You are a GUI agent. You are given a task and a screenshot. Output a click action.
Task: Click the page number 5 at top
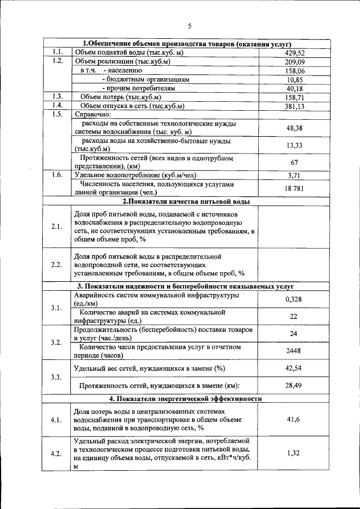pos(190,26)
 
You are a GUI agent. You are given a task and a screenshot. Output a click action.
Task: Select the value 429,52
pos(294,52)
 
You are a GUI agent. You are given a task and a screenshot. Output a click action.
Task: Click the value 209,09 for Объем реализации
pos(294,62)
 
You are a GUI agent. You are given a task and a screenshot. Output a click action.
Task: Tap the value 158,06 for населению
pos(294,71)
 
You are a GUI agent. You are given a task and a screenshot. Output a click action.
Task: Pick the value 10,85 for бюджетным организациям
pos(294,80)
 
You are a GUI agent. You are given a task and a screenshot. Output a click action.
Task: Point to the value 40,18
pos(294,89)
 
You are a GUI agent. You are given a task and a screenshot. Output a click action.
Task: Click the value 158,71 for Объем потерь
pos(294,97)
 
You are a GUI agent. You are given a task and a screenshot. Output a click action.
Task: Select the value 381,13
pos(294,106)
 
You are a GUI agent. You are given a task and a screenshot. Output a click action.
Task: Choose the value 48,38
pos(294,128)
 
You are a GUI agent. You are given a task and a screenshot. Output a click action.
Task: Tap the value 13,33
pos(294,146)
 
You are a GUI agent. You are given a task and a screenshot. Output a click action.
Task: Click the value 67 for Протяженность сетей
pos(294,163)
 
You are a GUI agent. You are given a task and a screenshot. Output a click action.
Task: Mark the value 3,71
pos(294,175)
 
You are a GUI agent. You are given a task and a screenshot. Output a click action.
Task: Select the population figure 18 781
pos(294,188)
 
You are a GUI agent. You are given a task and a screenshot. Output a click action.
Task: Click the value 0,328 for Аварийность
pos(294,299)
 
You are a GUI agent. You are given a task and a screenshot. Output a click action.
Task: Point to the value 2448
pos(294,351)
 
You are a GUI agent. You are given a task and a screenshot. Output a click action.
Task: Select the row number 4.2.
pos(56,454)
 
